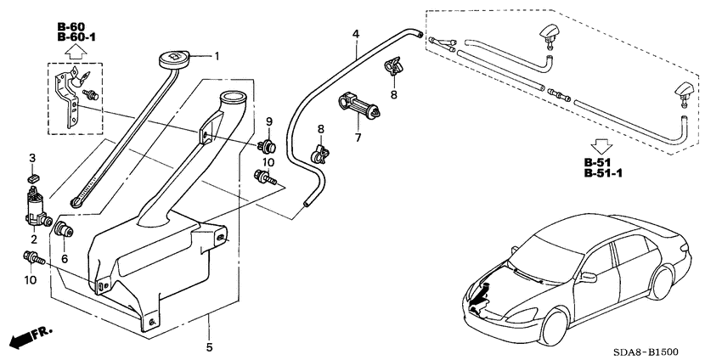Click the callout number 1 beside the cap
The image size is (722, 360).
point(216,57)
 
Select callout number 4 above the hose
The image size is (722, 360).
point(356,35)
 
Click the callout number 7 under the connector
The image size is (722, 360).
point(358,137)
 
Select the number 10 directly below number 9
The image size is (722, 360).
point(268,161)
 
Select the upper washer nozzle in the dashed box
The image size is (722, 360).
point(544,33)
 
